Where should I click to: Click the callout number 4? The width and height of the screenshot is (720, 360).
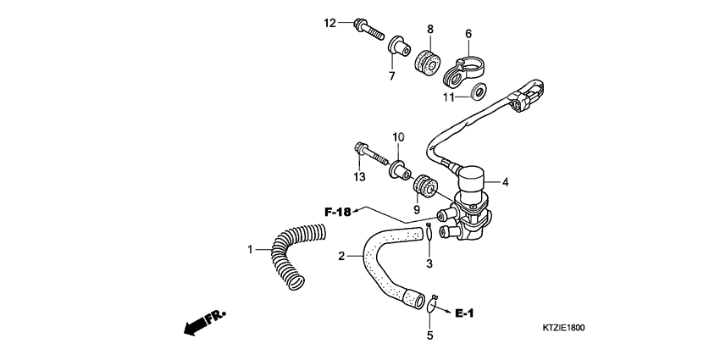click(506, 181)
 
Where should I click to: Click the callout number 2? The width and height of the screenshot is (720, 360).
click(341, 256)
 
